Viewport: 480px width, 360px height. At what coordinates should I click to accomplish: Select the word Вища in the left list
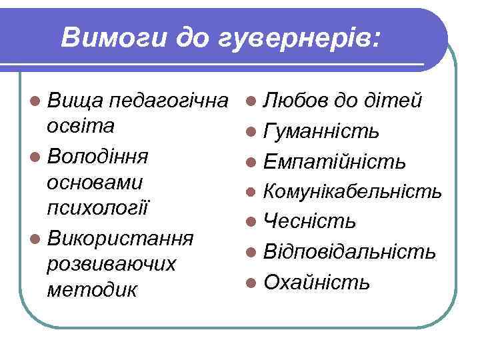click(74, 101)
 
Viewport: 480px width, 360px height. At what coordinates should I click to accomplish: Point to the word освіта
click(81, 126)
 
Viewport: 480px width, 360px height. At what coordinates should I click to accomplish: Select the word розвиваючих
click(112, 264)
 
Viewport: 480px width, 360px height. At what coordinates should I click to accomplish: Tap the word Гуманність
click(322, 132)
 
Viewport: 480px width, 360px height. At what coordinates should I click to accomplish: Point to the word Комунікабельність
click(352, 192)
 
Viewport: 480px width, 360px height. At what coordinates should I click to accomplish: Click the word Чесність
click(309, 221)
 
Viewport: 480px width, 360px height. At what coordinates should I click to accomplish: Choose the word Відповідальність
click(350, 252)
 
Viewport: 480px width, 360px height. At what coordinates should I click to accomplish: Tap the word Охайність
click(317, 282)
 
